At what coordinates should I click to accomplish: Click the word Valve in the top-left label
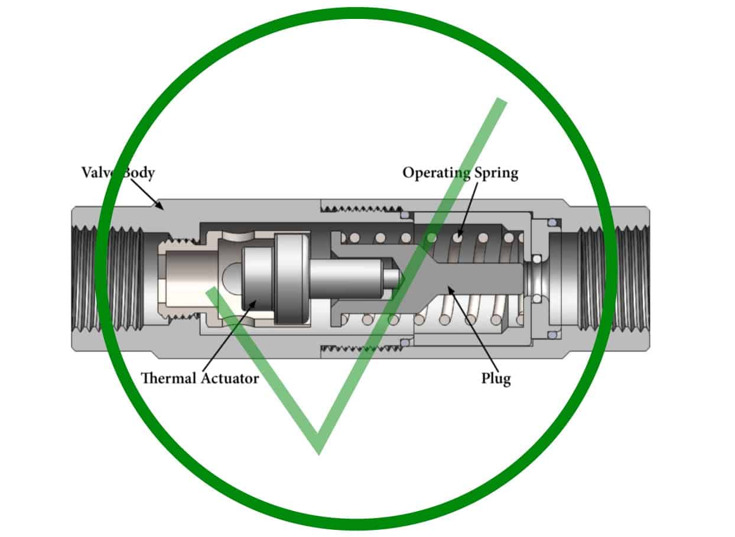(x=98, y=173)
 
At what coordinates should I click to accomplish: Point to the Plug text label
(x=496, y=379)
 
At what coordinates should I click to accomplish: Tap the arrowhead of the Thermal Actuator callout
(x=255, y=302)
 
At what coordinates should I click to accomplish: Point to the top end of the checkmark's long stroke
(x=502, y=102)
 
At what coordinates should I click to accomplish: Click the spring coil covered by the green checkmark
(x=432, y=237)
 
